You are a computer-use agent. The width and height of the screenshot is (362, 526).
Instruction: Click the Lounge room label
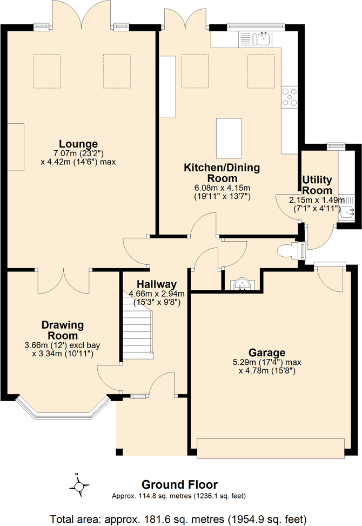point(78,144)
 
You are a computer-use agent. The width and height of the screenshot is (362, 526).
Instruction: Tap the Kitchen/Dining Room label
point(222,173)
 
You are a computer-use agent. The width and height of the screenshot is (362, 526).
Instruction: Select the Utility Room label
point(317,185)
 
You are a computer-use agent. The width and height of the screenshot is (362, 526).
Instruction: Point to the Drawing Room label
point(63,330)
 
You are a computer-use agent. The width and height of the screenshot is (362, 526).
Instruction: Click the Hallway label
point(157,284)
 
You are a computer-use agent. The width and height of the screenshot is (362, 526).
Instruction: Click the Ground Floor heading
point(179,484)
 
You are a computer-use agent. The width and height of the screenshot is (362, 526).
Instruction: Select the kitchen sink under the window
point(263,38)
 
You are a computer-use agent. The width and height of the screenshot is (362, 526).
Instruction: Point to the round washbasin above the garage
point(241,283)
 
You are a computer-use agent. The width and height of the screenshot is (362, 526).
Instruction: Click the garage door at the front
point(270,448)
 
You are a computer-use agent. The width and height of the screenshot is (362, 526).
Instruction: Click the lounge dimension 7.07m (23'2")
point(78,153)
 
